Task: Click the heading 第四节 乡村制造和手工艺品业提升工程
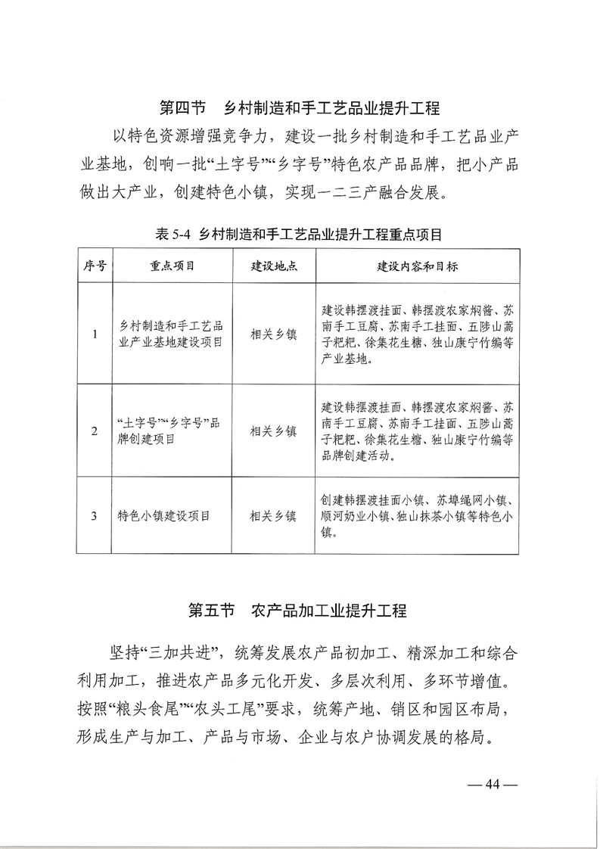300,107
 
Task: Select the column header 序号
94,267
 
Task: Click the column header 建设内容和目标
417,267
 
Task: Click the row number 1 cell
94,334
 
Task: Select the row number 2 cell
94,431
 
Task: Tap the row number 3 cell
94,517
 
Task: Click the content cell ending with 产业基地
417,334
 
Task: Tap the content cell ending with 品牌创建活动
417,431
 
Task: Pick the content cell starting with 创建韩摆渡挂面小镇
417,517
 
